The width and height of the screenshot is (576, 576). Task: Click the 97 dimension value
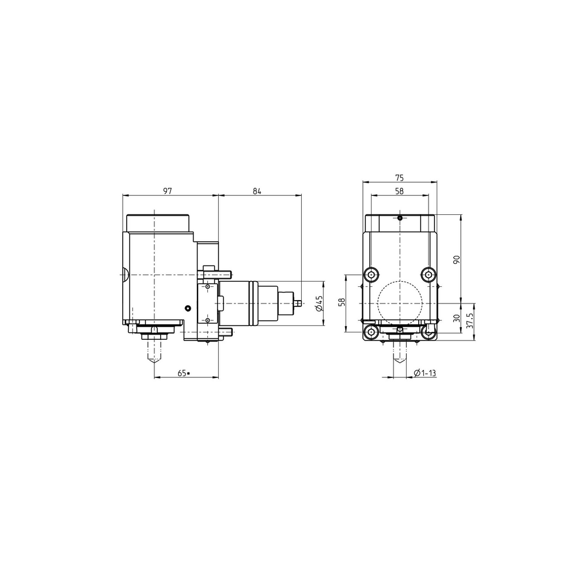(168, 191)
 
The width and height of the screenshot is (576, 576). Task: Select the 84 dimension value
(257, 191)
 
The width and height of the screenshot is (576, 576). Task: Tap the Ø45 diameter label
(319, 303)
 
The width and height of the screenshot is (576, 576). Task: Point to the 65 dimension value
(182, 373)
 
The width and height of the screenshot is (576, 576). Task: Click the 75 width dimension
(399, 178)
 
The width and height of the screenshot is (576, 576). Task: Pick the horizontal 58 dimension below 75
(399, 191)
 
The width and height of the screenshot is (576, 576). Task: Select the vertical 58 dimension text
(342, 302)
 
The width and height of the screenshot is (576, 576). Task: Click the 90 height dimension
(457, 260)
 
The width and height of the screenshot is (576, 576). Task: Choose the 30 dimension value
(457, 318)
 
